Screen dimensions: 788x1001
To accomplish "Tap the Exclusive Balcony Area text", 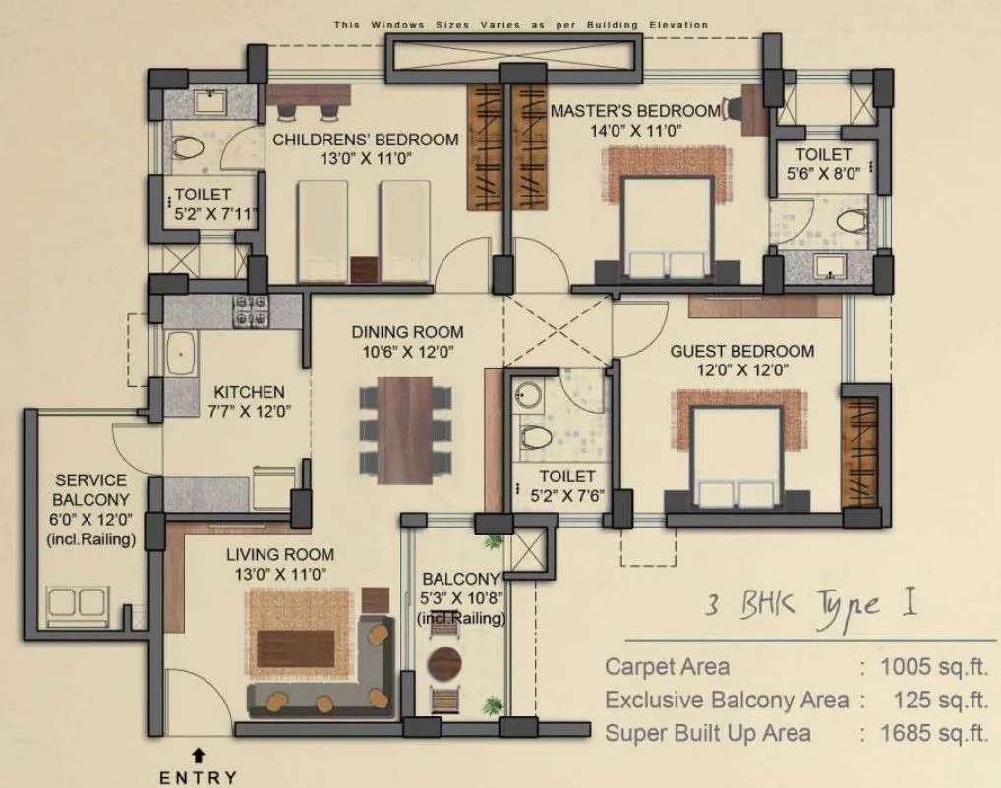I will click(727, 700).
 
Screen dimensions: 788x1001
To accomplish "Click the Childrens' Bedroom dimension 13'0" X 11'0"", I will click(365, 159).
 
